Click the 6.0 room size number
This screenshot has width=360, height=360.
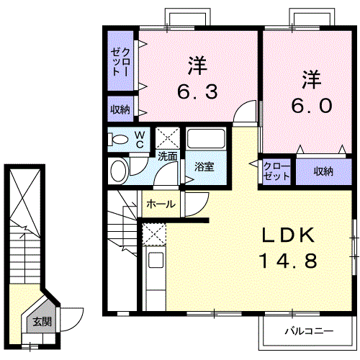[x=312, y=105]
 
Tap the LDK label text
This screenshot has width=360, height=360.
[x=287, y=235]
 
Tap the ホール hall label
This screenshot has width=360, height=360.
[x=161, y=204]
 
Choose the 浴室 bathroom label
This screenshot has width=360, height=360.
[x=204, y=167]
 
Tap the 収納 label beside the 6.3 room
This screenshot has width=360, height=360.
[x=120, y=109]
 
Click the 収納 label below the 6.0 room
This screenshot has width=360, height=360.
[x=323, y=171]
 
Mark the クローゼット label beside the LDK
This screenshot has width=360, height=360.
[x=276, y=171]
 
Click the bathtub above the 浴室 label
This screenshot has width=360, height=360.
[x=206, y=140]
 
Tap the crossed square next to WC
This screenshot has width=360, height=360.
[x=168, y=137]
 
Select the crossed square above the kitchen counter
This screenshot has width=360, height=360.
[x=153, y=235]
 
